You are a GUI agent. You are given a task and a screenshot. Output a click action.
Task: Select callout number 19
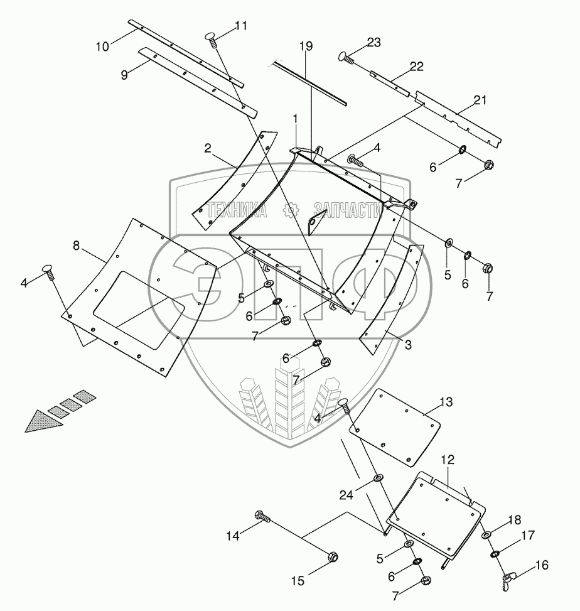pos(305,46)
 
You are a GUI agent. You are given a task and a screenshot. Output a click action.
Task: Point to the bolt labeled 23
pos(346,57)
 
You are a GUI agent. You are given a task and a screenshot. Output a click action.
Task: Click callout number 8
pos(76,246)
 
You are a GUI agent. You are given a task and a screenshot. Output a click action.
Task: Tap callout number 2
pos(208,148)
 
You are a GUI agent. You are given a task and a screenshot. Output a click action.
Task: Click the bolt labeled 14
pos(262,517)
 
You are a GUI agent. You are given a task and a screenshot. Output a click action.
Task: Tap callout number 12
pos(446,461)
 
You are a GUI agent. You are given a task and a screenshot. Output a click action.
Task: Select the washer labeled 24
pos(379,480)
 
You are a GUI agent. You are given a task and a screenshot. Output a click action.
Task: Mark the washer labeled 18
pos(487,535)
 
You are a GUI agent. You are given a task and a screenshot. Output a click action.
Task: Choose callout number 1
pos(296,117)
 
